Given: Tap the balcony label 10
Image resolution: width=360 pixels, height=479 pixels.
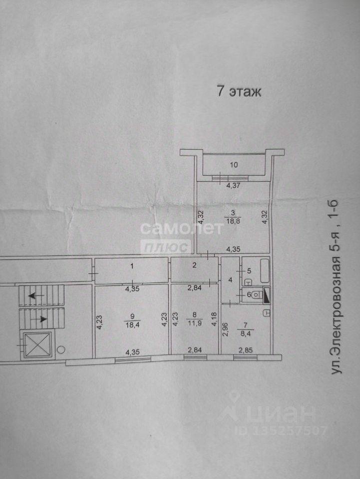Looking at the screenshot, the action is [x=234, y=165].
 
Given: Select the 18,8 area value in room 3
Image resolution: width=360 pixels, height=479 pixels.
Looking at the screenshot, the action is [x=231, y=223].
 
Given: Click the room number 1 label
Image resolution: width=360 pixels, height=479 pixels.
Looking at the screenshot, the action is [x=132, y=266].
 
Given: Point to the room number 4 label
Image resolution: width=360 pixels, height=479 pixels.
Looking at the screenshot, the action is [x=230, y=280].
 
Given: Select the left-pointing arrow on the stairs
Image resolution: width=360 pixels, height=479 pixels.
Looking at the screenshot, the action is [x=35, y=295].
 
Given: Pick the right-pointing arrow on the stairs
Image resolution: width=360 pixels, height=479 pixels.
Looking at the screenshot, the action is [x=41, y=318].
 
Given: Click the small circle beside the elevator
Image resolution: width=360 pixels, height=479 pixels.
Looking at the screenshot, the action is [x=61, y=349].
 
